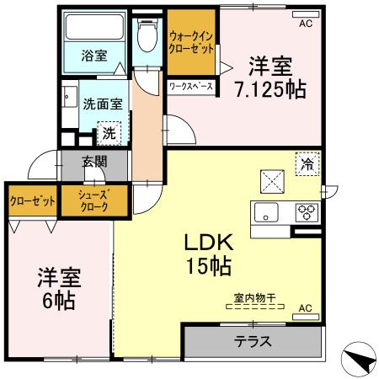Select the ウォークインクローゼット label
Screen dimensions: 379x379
pos(190,42)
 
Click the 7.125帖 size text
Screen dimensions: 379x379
pos(270,88)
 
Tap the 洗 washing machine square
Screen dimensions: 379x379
pos(109,132)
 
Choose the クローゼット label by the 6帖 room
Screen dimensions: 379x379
pos(33,201)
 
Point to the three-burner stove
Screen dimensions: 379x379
pos(305,212)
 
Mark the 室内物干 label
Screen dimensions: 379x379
pos(255,296)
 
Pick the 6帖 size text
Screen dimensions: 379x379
pos(56,300)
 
